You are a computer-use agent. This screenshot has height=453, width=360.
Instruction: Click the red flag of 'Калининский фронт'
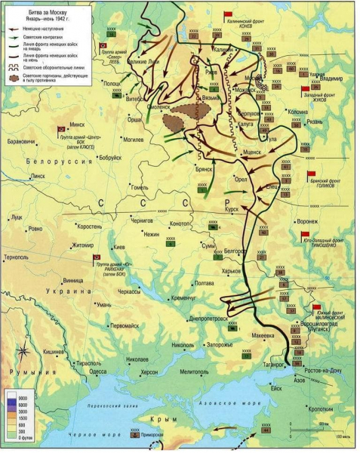[228, 15]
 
